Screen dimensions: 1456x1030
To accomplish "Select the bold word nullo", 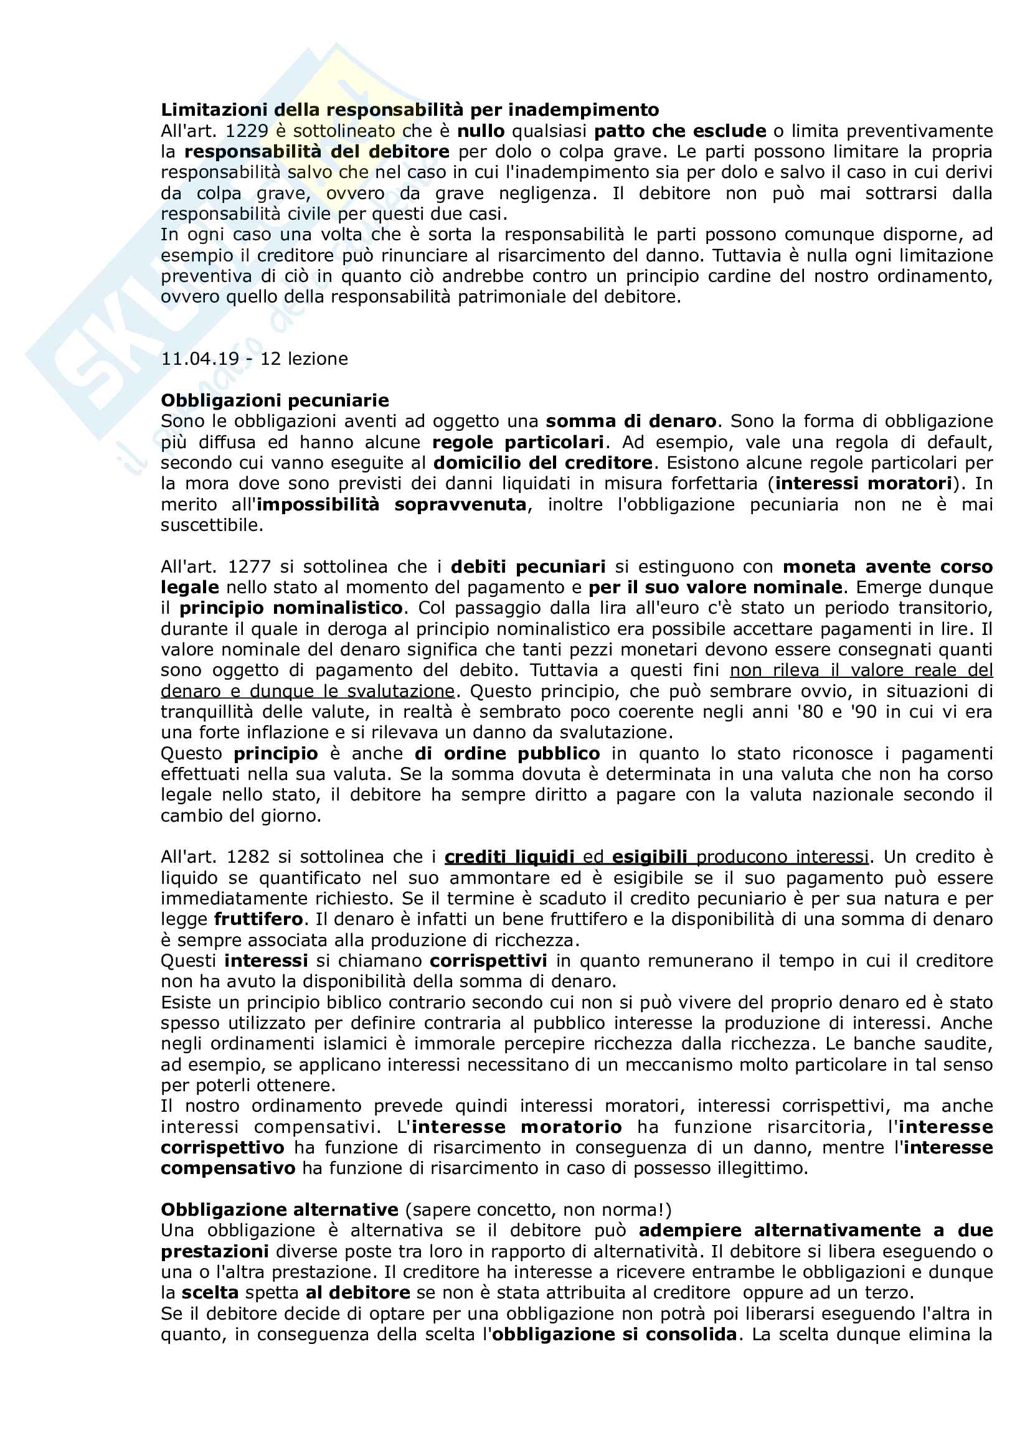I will coord(481,131).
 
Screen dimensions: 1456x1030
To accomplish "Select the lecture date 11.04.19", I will coord(200,359).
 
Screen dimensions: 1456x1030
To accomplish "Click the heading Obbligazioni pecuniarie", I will coord(275,401).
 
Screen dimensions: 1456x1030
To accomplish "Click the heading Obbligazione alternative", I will coord(279,1210).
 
